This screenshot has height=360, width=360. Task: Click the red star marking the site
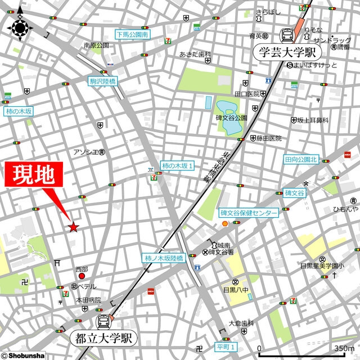(x=73, y=227)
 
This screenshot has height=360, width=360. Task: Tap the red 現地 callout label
(x=34, y=175)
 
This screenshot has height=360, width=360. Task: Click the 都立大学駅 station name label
(x=104, y=339)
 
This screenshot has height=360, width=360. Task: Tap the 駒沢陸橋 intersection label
(x=102, y=82)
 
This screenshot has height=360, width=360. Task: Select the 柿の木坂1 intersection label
(x=177, y=165)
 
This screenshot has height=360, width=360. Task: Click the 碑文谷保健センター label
(x=249, y=213)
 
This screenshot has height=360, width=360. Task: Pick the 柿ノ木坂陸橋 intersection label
(x=163, y=258)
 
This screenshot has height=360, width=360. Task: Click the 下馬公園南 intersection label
(x=132, y=34)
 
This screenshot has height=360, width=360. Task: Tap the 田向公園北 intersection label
(x=301, y=160)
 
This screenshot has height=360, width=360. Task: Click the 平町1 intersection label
(x=227, y=346)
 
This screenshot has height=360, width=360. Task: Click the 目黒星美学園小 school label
(x=322, y=265)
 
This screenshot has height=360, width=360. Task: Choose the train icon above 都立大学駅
(x=104, y=322)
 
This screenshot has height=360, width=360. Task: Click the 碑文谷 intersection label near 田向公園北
(x=294, y=193)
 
